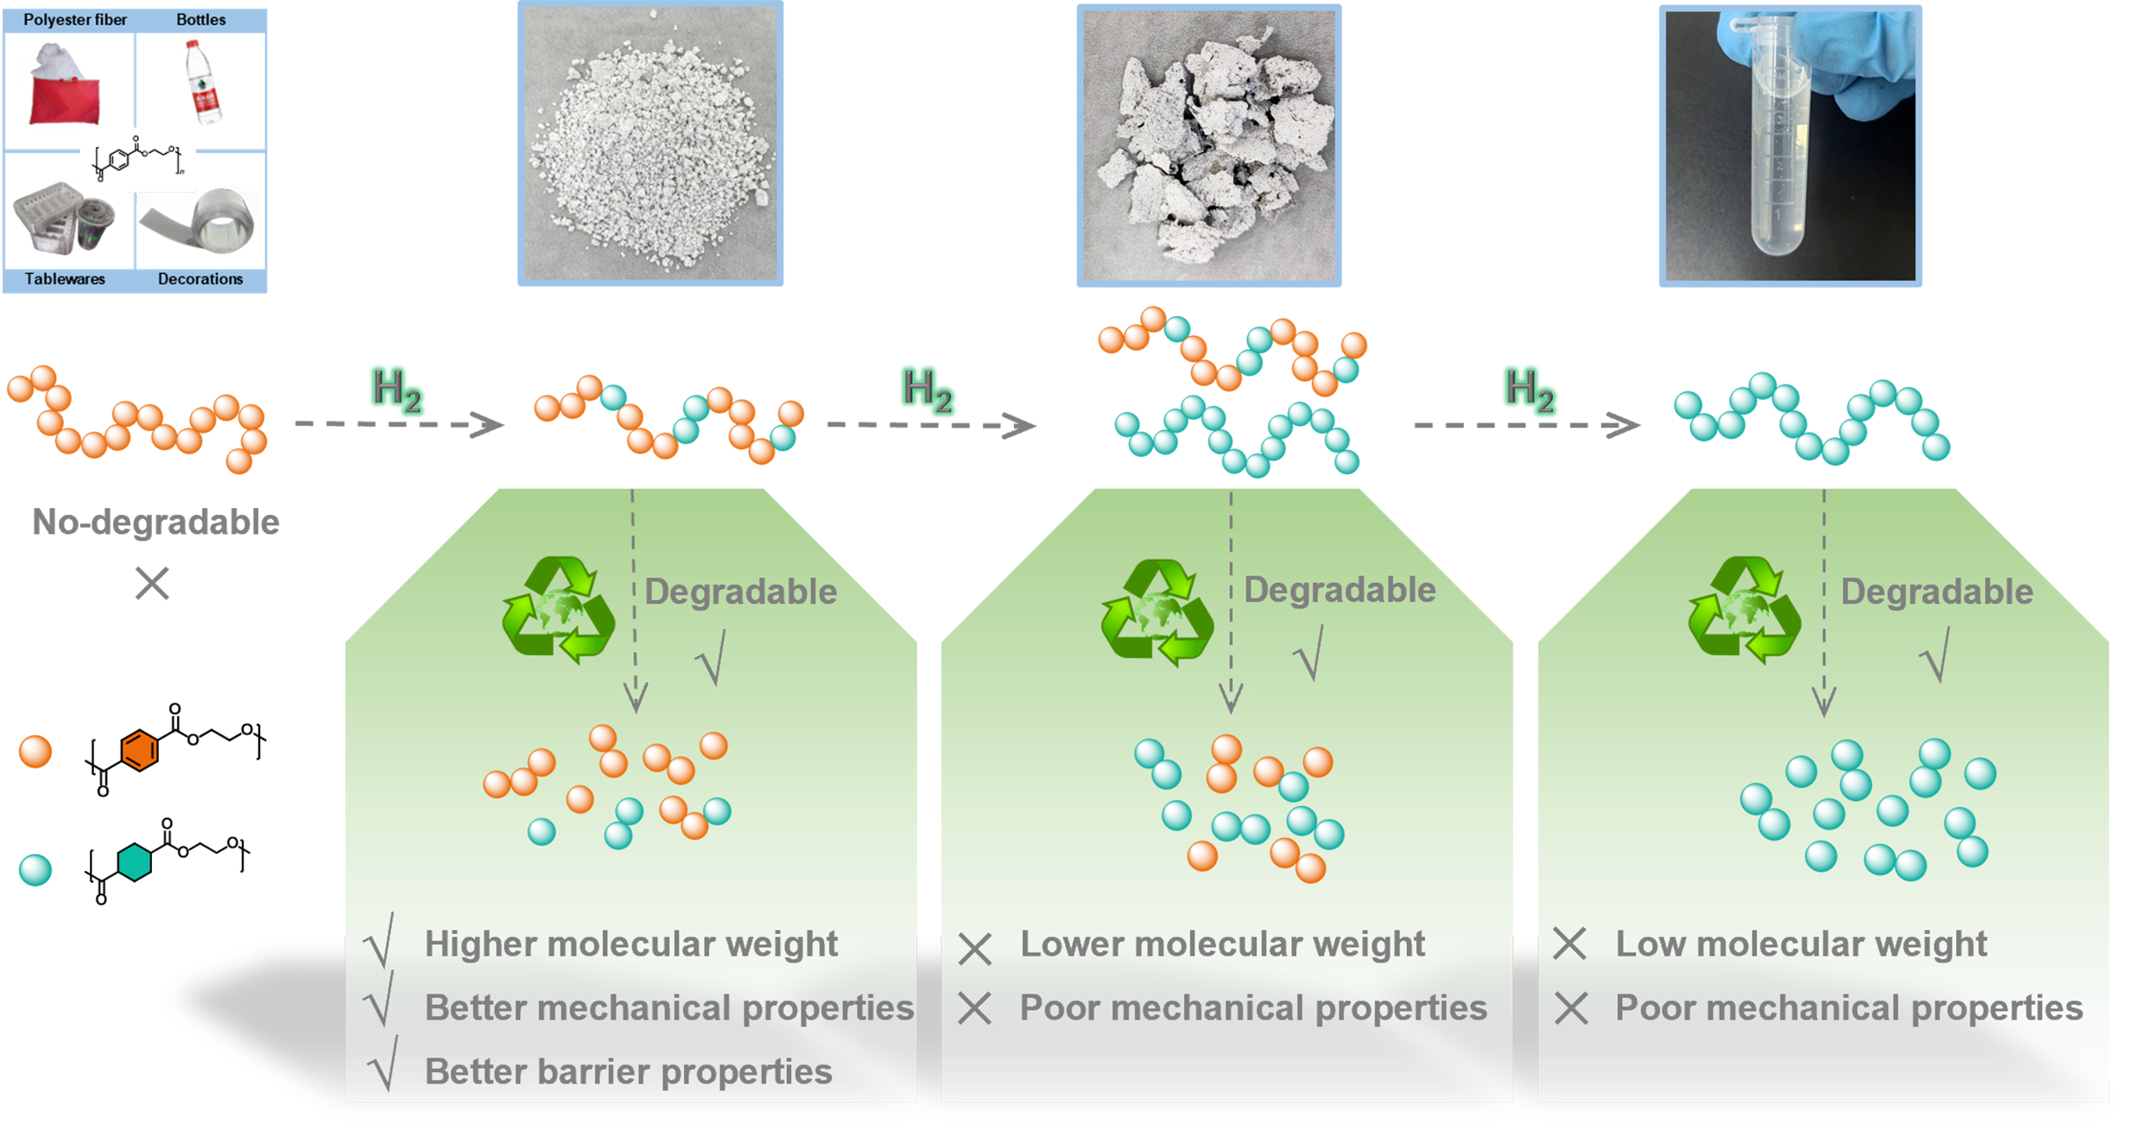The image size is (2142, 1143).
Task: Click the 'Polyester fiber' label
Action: [x=75, y=20]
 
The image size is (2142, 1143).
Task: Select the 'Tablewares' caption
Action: [x=65, y=279]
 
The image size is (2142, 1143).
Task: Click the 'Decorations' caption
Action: [x=200, y=279]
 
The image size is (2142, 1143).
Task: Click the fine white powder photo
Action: [x=650, y=143]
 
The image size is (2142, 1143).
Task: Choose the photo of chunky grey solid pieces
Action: [x=1208, y=145]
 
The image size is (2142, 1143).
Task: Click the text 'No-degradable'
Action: [x=155, y=522]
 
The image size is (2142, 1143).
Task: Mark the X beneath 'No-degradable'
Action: [x=152, y=583]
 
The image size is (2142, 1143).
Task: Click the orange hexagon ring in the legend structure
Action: [x=139, y=750]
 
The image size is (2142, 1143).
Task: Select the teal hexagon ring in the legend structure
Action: [x=134, y=861]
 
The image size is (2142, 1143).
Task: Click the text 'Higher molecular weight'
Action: [x=631, y=944]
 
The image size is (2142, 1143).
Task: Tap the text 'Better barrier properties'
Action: [x=628, y=1071]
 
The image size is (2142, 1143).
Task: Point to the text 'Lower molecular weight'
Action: [x=1222, y=944]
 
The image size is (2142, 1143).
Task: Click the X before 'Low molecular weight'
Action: [x=1569, y=944]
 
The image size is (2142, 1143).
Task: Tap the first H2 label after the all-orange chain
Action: [x=396, y=389]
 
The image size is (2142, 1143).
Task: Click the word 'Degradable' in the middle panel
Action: [x=1339, y=590]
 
